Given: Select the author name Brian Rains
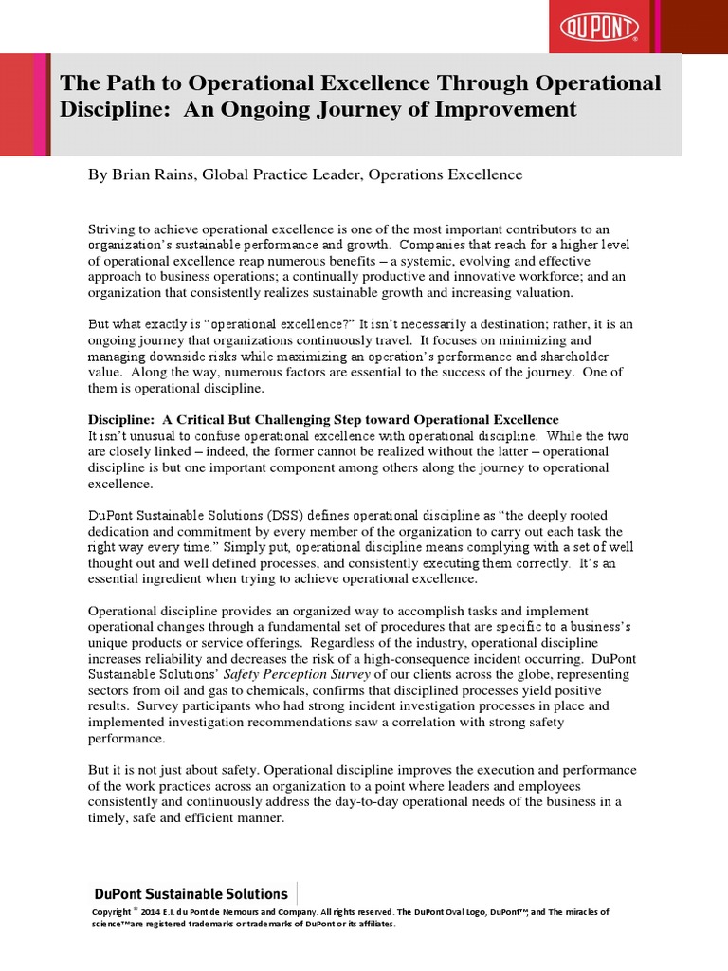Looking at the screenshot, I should point(154,174).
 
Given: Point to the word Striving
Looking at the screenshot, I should point(114,230).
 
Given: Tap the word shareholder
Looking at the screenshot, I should point(578,355).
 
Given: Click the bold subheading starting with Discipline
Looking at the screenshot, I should point(323,420).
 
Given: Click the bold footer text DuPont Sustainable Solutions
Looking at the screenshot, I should point(190,893).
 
